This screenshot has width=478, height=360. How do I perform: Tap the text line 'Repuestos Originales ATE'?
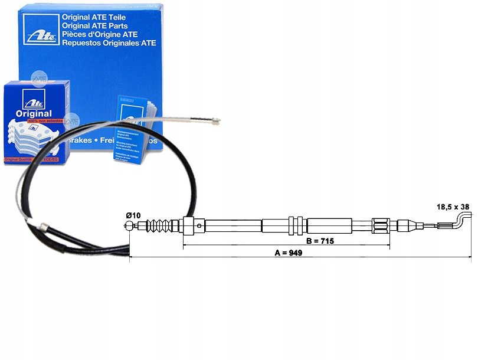(x=109, y=42)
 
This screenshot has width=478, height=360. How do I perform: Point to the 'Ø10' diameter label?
(x=133, y=216)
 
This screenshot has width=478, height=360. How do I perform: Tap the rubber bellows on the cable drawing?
(x=161, y=225)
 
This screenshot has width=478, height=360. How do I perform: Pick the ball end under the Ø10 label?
(x=129, y=225)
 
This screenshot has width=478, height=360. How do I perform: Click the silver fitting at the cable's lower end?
(x=43, y=225)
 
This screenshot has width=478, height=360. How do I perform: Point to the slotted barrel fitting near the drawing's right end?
(x=381, y=225)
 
